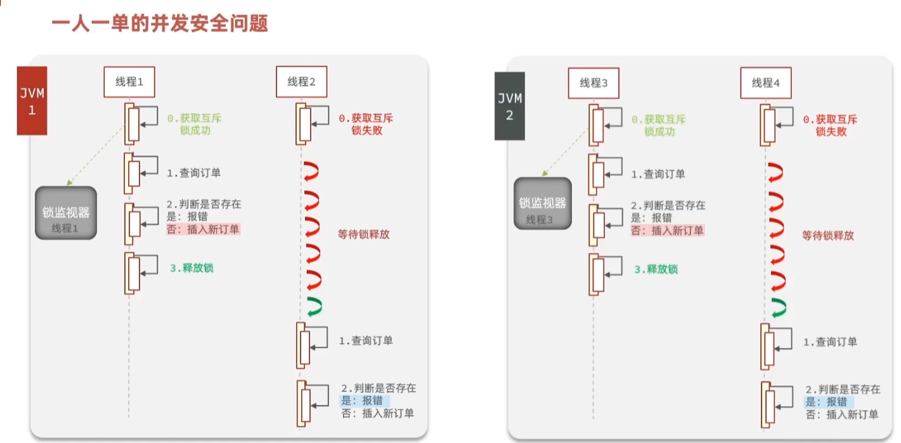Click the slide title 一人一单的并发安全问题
coord(159,24)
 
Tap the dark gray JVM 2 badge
coord(510,106)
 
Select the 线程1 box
coord(129,82)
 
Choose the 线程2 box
coord(302,82)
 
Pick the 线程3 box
coord(593,82)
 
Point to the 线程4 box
coord(766,82)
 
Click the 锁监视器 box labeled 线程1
coord(66,213)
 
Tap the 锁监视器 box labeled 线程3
coord(543,204)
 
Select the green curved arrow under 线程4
coord(777,307)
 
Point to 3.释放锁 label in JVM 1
coord(191,268)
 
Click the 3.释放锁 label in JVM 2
coord(656,269)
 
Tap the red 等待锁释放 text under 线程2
coord(364,234)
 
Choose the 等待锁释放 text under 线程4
coord(828,236)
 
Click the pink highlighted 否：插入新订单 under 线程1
coord(204,229)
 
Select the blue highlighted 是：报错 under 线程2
coord(365,401)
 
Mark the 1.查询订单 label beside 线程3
coord(658,174)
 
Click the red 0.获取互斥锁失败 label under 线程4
coord(830,125)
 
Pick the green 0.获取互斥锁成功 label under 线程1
coord(195,124)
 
